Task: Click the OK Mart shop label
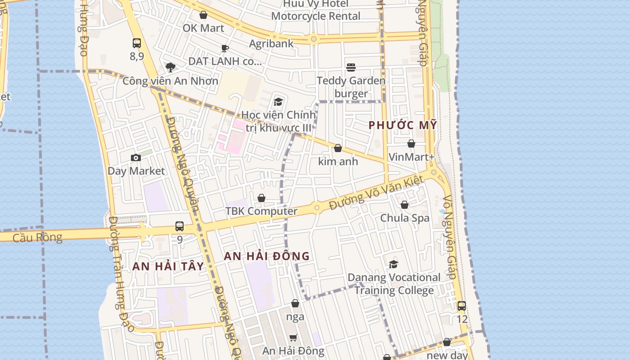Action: pyautogui.click(x=203, y=28)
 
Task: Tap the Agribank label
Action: pyautogui.click(x=271, y=44)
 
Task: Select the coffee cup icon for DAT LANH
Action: pyautogui.click(x=225, y=48)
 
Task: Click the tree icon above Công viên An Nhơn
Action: pyautogui.click(x=170, y=67)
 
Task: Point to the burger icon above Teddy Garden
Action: pyautogui.click(x=351, y=67)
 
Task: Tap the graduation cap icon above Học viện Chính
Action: pyautogui.click(x=278, y=102)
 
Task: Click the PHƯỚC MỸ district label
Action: pyautogui.click(x=403, y=126)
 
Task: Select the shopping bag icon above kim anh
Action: pyautogui.click(x=338, y=148)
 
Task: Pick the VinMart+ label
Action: pyautogui.click(x=411, y=157)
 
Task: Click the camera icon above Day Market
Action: pyautogui.click(x=136, y=157)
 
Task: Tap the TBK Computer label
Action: pyautogui.click(x=261, y=211)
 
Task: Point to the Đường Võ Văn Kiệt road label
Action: pyautogui.click(x=376, y=193)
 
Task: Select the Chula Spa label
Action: pyautogui.click(x=405, y=218)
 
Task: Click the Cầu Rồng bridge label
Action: pyautogui.click(x=37, y=237)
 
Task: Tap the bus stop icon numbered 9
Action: pyautogui.click(x=180, y=226)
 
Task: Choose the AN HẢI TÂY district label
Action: pyautogui.click(x=168, y=266)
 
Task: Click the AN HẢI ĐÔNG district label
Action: pyautogui.click(x=267, y=256)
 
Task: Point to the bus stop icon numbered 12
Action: pyautogui.click(x=462, y=306)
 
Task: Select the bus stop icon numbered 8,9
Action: pyautogui.click(x=137, y=43)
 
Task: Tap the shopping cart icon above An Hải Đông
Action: pyautogui.click(x=293, y=337)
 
